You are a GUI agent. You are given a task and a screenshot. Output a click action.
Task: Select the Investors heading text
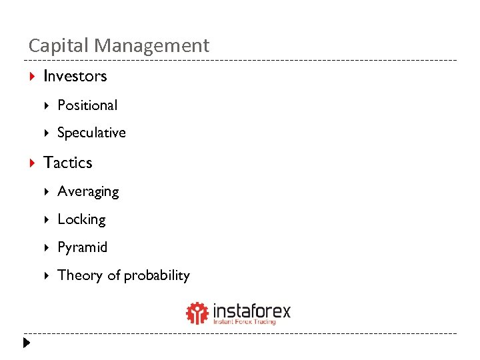(75, 76)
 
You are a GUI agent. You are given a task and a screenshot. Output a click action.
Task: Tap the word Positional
(87, 105)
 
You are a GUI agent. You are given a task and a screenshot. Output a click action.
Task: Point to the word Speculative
(91, 133)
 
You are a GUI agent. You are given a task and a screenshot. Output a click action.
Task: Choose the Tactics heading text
(67, 163)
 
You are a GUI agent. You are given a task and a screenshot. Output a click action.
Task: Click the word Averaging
(88, 192)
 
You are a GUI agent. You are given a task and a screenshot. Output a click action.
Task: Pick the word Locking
(81, 219)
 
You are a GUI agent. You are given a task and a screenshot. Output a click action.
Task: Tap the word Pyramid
(82, 247)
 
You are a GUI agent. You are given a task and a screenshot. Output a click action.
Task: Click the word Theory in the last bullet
(79, 275)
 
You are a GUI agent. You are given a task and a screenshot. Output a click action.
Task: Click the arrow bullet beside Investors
(32, 76)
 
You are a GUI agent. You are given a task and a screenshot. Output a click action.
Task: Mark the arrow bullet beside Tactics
(32, 163)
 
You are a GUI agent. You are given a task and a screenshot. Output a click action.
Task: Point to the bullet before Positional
(47, 105)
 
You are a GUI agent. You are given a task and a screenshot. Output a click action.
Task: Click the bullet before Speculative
(47, 133)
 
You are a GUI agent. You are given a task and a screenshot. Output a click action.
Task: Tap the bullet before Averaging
(47, 192)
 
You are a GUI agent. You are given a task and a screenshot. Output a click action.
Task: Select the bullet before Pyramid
(47, 247)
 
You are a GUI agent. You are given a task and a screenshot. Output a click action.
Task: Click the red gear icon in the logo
(197, 313)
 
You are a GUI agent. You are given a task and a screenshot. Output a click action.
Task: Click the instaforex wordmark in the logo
(251, 311)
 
